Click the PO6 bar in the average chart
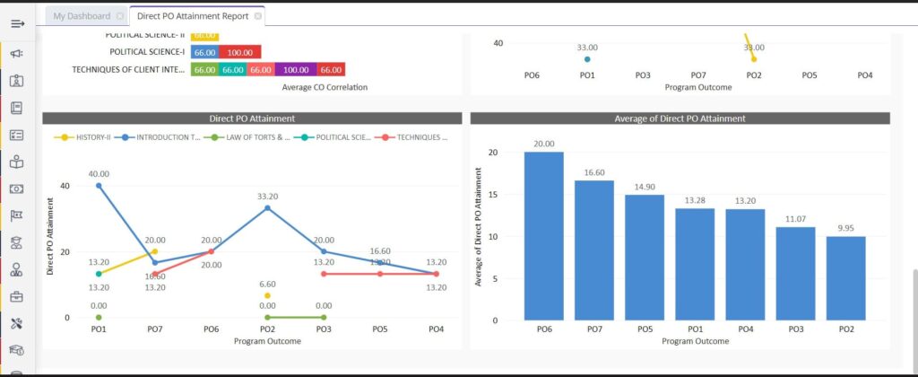(x=544, y=236)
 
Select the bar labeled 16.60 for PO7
(x=594, y=250)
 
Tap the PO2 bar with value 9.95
(x=846, y=278)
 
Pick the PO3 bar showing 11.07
(x=796, y=274)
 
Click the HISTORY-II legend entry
(x=86, y=137)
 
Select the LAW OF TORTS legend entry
(x=246, y=137)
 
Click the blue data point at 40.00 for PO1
(x=99, y=186)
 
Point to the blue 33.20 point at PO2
(x=267, y=208)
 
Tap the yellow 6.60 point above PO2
(x=267, y=295)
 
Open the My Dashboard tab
(x=82, y=16)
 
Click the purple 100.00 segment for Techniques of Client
(x=296, y=69)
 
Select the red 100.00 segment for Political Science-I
(x=239, y=52)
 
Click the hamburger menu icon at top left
(x=17, y=23)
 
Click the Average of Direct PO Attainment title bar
(x=680, y=118)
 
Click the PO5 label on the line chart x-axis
(x=380, y=329)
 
